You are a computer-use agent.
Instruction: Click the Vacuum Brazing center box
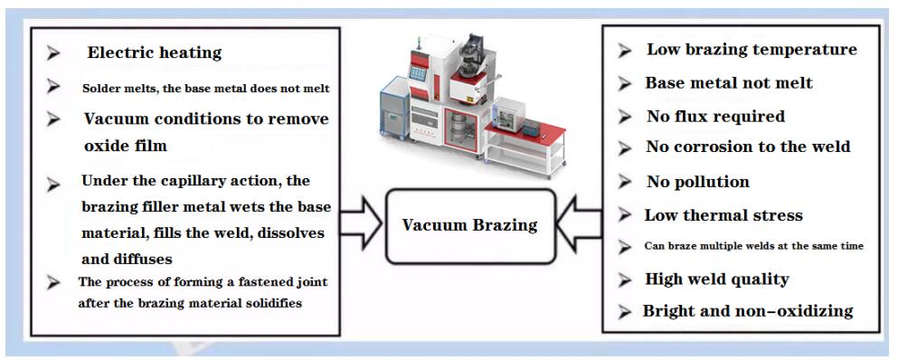point(471,226)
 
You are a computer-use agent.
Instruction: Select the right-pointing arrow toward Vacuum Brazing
point(362,223)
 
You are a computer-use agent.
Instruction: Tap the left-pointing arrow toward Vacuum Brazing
point(580,223)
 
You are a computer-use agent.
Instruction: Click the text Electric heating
point(154,52)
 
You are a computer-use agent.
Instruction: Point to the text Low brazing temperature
point(752,50)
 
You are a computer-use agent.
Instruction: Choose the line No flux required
point(716,117)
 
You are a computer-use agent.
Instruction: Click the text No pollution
point(697,183)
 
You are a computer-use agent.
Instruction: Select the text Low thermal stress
point(723,215)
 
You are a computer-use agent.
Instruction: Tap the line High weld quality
point(717,279)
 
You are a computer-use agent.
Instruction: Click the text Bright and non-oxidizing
point(748,310)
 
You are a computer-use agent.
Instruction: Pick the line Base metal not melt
point(729,83)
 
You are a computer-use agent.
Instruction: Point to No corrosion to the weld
point(749,147)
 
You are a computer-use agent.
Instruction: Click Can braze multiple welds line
point(753,246)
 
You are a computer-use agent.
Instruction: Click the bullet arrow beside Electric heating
point(53,53)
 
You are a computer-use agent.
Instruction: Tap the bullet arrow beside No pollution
point(624,183)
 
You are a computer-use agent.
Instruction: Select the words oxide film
point(126,146)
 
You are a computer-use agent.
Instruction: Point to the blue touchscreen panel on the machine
point(418,73)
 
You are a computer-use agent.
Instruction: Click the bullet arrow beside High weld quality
point(624,279)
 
